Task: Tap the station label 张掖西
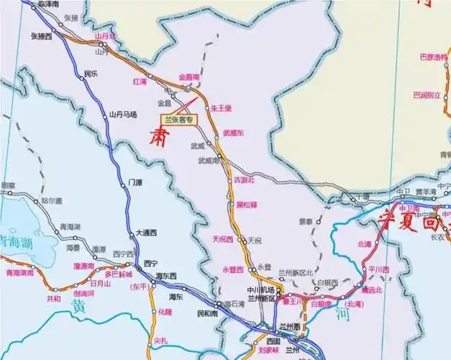point(41,35)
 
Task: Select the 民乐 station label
point(91,73)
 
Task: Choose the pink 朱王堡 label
point(222,109)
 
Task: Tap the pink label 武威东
point(234,133)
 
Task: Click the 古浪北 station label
point(245,179)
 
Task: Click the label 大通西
point(145,234)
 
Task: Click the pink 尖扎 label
point(160,340)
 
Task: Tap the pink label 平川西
point(379,269)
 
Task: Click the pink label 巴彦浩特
point(432,57)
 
